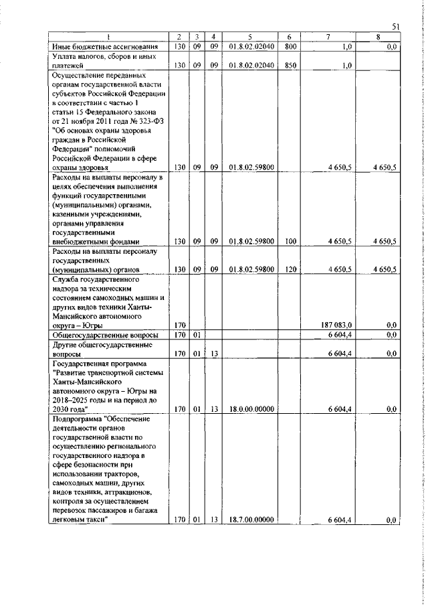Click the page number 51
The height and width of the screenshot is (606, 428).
(x=395, y=27)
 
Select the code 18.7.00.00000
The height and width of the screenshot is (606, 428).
(x=243, y=520)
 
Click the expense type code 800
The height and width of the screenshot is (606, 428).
(x=290, y=48)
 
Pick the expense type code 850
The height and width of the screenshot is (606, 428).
(x=290, y=66)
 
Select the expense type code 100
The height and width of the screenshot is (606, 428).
(x=290, y=240)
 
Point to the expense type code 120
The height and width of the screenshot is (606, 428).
(x=290, y=269)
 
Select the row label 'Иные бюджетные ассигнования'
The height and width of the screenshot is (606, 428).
(x=104, y=48)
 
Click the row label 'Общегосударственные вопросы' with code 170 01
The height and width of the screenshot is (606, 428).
(x=106, y=334)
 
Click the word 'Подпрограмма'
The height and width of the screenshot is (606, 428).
(x=76, y=418)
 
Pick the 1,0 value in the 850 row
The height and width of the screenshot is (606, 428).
(x=346, y=66)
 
